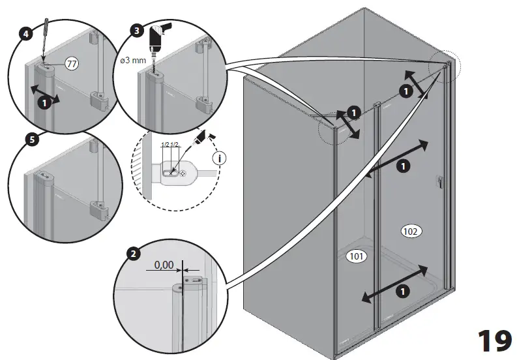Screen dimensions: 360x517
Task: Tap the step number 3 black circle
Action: coord(136,31)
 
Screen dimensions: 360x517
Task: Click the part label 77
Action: coord(72,63)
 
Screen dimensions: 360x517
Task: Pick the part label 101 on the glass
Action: coord(356,256)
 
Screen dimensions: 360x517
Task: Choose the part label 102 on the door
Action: coord(411,231)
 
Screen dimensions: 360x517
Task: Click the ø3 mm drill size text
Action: coord(135,61)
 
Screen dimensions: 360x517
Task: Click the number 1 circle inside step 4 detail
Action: coord(44,102)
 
